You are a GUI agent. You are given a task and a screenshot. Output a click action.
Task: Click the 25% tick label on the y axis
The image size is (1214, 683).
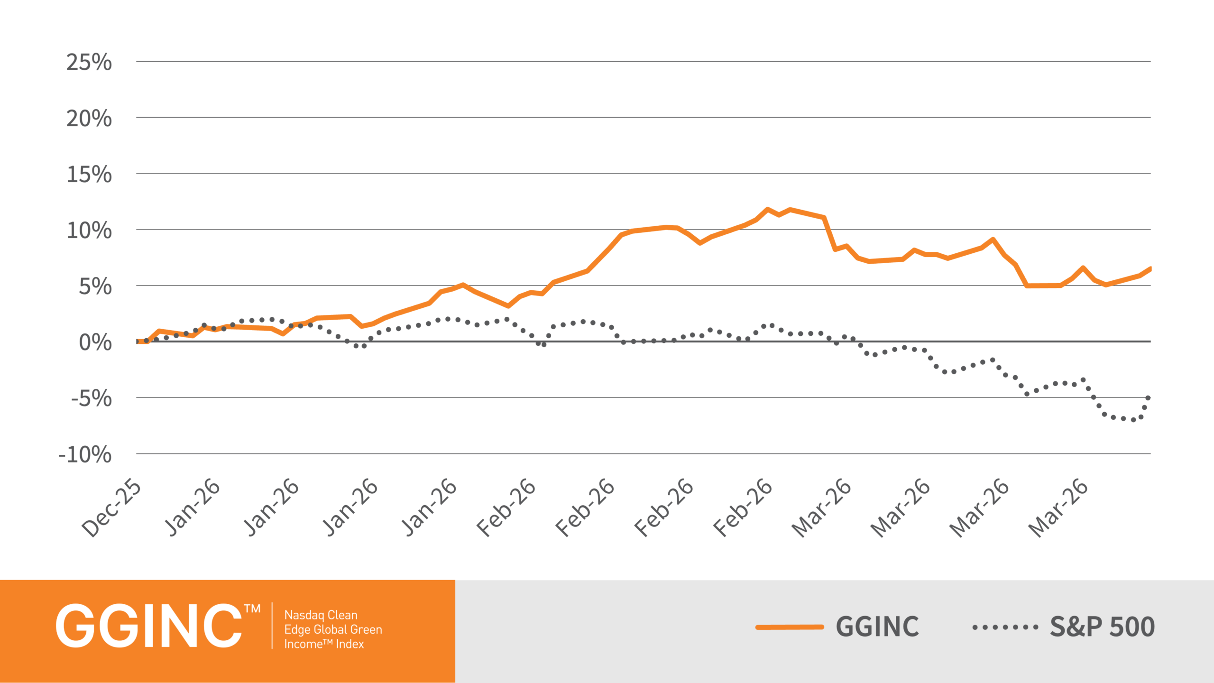(89, 62)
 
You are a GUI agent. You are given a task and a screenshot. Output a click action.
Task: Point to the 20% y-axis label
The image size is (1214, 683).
(89, 118)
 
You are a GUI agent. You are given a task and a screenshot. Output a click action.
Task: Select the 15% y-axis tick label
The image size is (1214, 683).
(89, 175)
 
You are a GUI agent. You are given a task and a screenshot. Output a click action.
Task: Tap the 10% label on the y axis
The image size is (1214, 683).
(89, 231)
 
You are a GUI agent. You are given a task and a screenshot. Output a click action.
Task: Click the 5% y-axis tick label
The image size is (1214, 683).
(95, 286)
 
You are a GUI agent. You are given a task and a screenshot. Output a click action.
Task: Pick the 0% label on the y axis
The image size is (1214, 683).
(95, 342)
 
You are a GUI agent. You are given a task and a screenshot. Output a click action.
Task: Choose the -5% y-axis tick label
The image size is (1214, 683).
(92, 398)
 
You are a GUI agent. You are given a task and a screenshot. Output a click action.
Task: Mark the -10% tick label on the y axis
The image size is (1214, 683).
(85, 454)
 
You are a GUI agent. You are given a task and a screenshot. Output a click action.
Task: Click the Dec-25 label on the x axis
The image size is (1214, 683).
(112, 508)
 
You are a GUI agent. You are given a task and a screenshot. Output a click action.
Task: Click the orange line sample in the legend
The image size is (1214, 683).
(790, 627)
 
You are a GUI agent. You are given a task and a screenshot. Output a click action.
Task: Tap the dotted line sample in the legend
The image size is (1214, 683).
(1005, 627)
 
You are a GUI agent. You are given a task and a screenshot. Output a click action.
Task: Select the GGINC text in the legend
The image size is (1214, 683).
(877, 627)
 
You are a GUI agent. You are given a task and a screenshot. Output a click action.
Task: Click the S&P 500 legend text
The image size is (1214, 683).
(1102, 627)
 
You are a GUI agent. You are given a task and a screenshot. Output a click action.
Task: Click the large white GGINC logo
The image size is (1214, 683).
(149, 626)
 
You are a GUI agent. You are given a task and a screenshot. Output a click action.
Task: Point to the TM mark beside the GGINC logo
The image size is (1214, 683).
(252, 609)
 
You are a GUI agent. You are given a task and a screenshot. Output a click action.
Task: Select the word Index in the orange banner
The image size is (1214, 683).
(350, 644)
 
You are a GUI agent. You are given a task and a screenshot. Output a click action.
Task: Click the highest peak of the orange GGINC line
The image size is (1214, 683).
(767, 209)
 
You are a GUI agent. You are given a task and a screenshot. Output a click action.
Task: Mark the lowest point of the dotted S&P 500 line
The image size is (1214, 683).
(1133, 420)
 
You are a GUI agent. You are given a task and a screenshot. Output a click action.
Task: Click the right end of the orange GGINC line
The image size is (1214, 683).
(1150, 269)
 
